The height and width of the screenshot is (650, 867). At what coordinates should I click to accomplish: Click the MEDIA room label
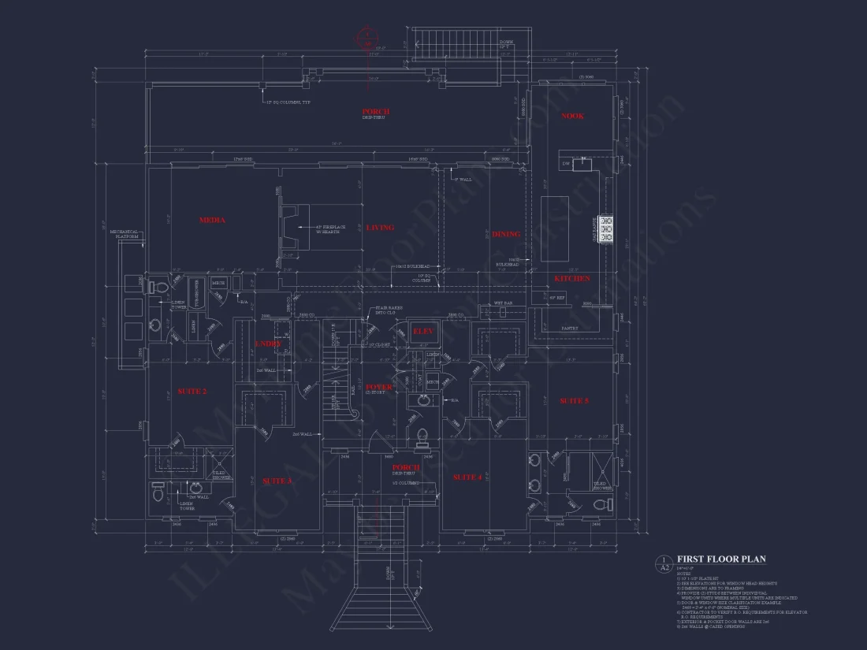[212, 221]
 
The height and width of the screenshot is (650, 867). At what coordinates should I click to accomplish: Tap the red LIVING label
[380, 228]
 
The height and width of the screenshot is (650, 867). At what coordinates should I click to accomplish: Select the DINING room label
[506, 234]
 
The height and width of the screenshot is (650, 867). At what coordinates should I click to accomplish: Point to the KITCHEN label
[571, 279]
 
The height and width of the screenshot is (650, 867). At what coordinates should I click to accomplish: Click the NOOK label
[572, 117]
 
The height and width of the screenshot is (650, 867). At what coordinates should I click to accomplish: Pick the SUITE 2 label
[192, 392]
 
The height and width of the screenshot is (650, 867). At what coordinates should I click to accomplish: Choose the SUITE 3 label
[277, 481]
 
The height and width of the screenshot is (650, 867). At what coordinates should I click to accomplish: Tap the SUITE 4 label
[467, 477]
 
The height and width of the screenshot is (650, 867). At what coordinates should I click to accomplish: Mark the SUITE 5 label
[574, 401]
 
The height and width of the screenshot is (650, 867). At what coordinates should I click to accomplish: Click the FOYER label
[379, 387]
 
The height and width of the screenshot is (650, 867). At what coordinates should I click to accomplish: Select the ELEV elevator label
[423, 332]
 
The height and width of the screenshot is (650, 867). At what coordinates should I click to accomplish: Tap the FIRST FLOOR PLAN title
[721, 559]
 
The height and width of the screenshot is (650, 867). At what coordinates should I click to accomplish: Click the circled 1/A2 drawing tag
[664, 563]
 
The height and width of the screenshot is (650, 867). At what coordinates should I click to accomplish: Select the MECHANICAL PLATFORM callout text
[124, 234]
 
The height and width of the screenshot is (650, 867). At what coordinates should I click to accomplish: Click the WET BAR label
[504, 303]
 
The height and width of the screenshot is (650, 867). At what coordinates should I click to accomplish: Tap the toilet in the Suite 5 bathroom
[597, 502]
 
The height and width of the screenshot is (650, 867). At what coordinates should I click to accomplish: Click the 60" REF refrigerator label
[557, 297]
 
